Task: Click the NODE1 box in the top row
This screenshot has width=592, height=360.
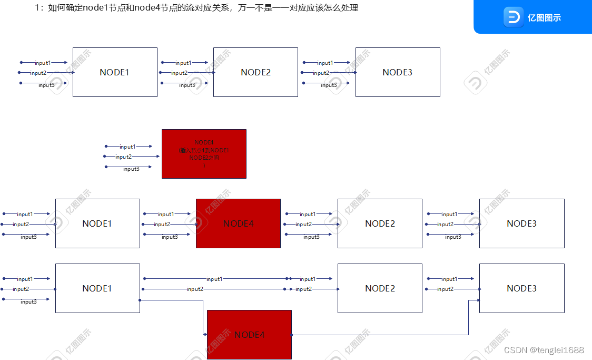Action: (115, 72)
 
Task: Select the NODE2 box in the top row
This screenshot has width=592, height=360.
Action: (255, 72)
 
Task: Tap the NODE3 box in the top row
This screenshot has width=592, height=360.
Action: (398, 72)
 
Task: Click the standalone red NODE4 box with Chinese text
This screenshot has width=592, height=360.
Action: (204, 154)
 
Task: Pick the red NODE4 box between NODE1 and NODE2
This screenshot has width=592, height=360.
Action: (238, 223)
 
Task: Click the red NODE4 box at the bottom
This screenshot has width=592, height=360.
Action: (249, 335)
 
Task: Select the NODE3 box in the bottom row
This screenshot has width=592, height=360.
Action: (521, 288)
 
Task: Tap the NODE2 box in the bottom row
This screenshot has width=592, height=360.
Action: (380, 288)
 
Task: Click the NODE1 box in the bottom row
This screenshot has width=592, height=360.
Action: (97, 288)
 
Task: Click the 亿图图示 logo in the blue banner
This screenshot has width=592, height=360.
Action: (533, 17)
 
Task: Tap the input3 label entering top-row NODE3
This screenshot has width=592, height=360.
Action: (328, 85)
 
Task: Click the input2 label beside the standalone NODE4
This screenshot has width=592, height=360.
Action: (123, 157)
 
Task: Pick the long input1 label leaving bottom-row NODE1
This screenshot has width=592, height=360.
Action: (214, 279)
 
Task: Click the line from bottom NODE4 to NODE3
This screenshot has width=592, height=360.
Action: (379, 335)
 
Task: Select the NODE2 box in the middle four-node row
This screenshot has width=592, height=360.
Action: (380, 223)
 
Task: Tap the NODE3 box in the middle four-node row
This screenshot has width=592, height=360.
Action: (521, 223)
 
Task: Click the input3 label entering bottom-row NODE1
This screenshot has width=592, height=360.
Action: (28, 301)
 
